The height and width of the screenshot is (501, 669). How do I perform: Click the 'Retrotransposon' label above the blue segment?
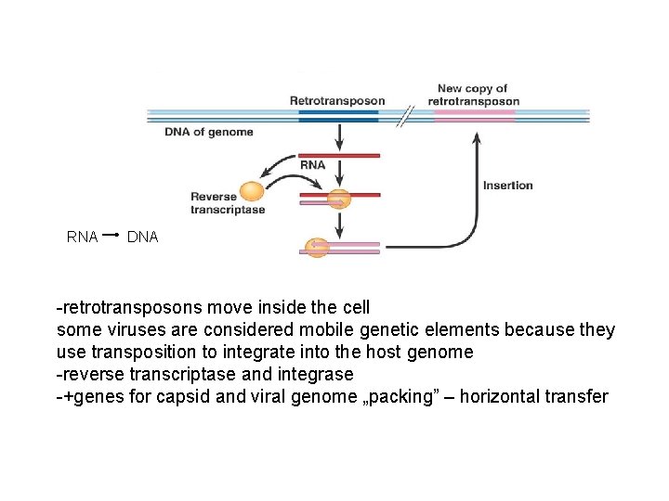coord(336,100)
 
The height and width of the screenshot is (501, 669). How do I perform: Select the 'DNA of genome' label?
coord(209,132)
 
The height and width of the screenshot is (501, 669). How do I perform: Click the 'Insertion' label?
coord(508,186)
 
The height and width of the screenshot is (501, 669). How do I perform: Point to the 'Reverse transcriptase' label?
coord(228,203)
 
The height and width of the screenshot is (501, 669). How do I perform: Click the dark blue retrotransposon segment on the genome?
coord(338,116)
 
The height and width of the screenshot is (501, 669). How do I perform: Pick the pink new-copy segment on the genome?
coord(475,116)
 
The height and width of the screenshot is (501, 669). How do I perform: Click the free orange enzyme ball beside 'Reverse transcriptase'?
coord(252,191)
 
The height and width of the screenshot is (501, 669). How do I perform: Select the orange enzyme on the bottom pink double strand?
coord(317,248)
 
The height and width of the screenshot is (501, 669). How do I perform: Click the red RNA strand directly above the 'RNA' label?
coord(339,155)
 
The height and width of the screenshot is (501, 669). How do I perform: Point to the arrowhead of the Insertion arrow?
coord(478,137)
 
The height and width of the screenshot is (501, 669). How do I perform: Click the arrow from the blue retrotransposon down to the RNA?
coord(339,137)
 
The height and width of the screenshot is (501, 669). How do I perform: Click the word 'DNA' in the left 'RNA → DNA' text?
coord(142,238)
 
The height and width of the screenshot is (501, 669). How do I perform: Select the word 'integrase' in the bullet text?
coord(320,375)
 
